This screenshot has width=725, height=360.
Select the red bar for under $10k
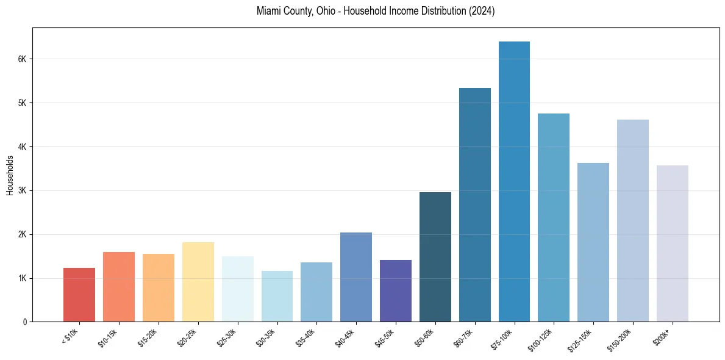[79, 295]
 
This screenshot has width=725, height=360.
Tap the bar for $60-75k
[474, 204]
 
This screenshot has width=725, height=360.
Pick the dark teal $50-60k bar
[435, 257]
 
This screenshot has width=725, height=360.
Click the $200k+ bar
[673, 243]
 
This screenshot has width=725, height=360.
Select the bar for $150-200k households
[633, 220]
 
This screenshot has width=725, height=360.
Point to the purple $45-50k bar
[396, 290]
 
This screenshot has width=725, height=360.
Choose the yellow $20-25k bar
[198, 282]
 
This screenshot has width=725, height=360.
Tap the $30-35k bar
[277, 296]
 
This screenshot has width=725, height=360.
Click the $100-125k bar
[554, 217]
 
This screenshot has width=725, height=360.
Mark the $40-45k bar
[356, 277]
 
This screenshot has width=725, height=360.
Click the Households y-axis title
[10, 175]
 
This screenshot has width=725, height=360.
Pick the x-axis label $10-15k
[109, 336]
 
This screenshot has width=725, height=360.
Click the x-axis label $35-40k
[306, 336]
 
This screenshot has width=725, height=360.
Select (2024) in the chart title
[482, 12]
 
